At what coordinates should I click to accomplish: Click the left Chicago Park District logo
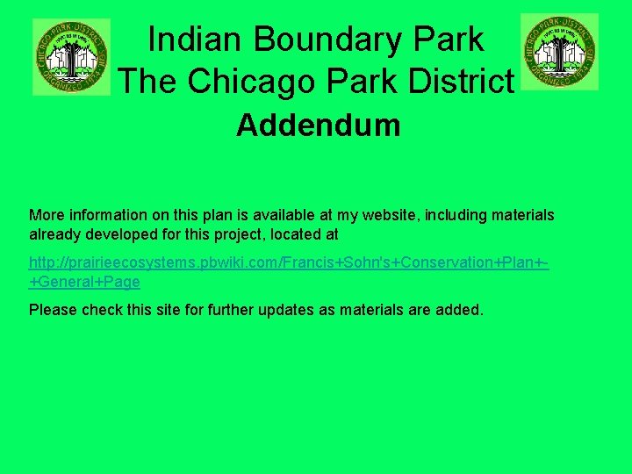71,56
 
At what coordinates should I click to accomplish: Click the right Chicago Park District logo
559,51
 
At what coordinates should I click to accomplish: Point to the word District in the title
456,82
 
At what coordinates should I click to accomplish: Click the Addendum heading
318,126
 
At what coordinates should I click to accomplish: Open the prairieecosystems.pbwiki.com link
288,262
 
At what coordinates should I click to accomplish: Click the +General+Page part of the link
84,282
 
